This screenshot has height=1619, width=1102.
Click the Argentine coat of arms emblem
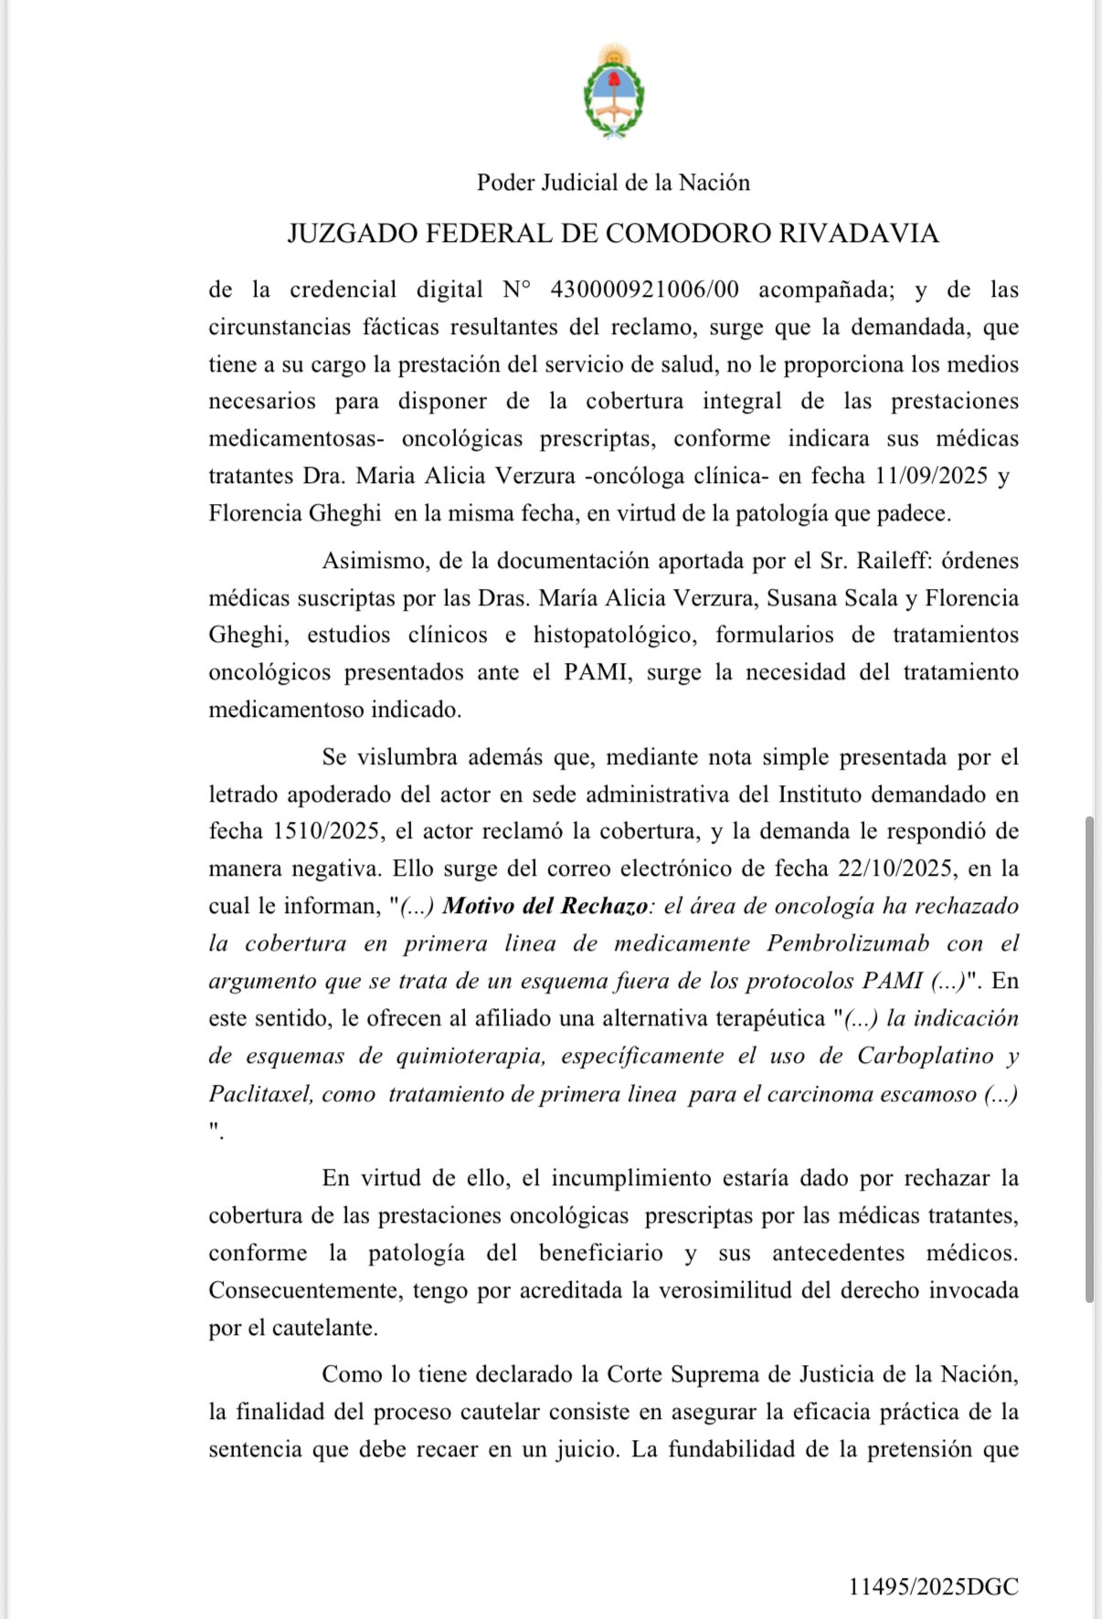(613, 91)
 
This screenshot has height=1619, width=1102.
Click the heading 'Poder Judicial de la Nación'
(613, 183)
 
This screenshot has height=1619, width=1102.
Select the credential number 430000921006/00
(644, 289)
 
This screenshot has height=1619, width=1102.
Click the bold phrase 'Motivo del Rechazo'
(546, 906)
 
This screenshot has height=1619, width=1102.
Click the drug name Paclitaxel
(259, 1094)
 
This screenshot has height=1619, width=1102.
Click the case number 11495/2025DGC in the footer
(933, 1587)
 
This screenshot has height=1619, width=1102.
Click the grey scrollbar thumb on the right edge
(1088, 1059)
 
